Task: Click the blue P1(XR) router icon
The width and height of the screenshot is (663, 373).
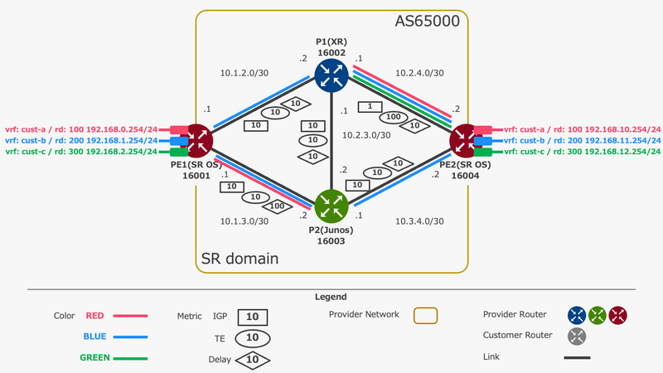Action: [x=331, y=75]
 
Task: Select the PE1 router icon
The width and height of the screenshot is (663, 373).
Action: [x=199, y=141]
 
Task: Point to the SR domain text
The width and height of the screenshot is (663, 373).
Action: [x=240, y=259]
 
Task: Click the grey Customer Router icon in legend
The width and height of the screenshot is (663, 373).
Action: [x=578, y=336]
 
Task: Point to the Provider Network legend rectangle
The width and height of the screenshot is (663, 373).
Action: [x=424, y=315]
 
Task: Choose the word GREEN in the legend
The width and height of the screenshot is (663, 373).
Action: [x=95, y=358]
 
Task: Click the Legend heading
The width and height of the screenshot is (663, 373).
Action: [x=331, y=296]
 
